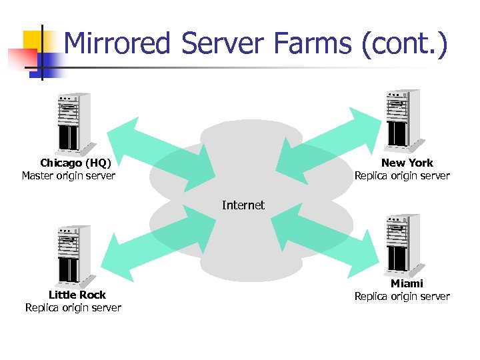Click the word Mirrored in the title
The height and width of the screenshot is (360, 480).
[118, 44]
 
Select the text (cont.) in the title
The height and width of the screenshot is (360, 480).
[405, 44]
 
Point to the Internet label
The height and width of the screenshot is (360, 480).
[243, 205]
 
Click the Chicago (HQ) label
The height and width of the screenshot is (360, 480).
[75, 163]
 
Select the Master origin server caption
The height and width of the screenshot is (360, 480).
[69, 176]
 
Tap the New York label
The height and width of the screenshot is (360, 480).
[407, 163]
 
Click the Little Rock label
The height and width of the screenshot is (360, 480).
[77, 295]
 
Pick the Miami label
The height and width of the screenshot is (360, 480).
[407, 283]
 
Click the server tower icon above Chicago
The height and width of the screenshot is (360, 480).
[69, 124]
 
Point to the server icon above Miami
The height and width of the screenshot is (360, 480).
[403, 244]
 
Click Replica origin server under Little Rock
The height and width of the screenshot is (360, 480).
[73, 307]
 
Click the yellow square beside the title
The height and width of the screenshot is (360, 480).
[34, 42]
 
